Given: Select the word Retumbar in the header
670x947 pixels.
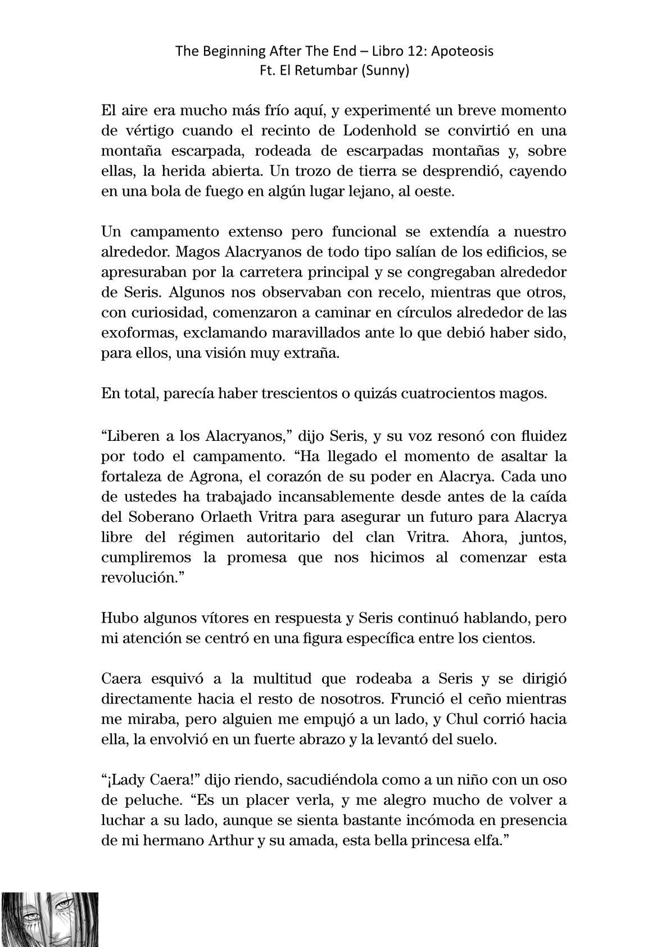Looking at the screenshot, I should (x=324, y=71).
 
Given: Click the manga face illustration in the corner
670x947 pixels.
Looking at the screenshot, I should (x=50, y=919).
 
